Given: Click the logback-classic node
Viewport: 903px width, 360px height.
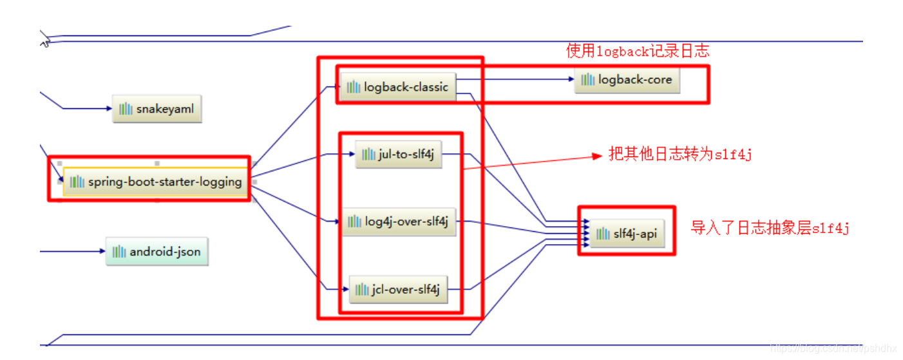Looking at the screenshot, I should (398, 87).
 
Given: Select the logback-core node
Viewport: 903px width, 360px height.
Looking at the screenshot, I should (627, 80).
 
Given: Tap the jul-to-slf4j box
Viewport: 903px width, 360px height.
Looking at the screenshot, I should (399, 155).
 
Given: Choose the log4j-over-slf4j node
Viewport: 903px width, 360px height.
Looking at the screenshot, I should (399, 222).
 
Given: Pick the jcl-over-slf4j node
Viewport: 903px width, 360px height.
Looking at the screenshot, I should (398, 290).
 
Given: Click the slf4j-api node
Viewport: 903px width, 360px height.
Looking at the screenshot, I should (627, 234).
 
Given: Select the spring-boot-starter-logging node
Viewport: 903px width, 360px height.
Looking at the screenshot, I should (157, 182).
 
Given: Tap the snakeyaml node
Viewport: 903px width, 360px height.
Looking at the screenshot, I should (157, 109).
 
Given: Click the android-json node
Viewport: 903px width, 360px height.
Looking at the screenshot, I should (157, 252).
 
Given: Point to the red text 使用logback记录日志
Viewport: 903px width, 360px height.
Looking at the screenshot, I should (638, 52).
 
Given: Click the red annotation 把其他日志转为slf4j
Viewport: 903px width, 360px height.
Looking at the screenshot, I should (680, 155).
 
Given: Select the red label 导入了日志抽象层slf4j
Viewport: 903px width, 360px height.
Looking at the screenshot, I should (770, 228).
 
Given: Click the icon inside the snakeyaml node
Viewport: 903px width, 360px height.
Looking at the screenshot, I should (126, 109).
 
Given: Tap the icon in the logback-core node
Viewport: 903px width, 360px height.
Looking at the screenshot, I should (587, 80).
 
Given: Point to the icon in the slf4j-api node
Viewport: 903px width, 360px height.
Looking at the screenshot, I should (603, 234).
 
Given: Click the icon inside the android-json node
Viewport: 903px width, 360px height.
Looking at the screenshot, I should (119, 252).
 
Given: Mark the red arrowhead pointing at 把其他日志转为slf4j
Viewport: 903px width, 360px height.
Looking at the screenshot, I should (596, 156).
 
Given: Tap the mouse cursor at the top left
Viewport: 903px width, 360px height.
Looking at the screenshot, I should (44, 43).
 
